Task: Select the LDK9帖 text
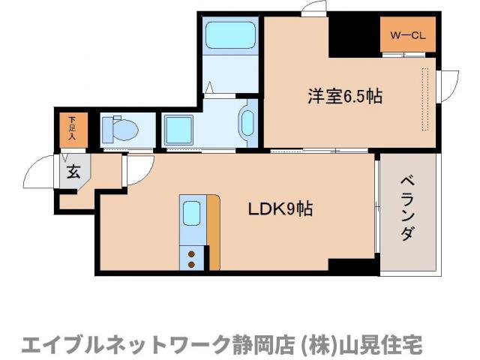[x=280, y=210]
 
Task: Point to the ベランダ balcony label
[x=406, y=209]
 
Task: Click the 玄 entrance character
[x=73, y=171]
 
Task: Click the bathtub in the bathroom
[x=230, y=34]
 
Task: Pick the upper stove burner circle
[x=191, y=253]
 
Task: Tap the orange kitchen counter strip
[x=213, y=232]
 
